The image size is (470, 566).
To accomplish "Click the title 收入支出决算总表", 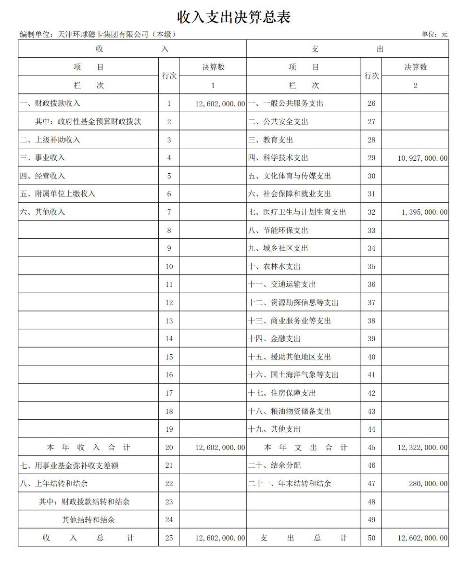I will pyautogui.click(x=234, y=17).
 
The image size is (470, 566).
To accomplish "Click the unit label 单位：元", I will pyautogui.click(x=434, y=34).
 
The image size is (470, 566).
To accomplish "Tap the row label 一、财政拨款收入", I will pyautogui.click(x=50, y=103).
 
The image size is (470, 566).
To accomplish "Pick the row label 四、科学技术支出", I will pyautogui.click(x=278, y=158).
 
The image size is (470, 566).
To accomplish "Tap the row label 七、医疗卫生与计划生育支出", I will pyautogui.click(x=297, y=212).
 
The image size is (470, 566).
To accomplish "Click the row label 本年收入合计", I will pyautogui.click(x=89, y=448).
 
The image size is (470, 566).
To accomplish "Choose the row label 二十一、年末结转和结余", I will pyautogui.click(x=290, y=484).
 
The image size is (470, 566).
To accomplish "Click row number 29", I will pyautogui.click(x=371, y=158).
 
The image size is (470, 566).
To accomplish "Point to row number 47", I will pyautogui.click(x=371, y=484).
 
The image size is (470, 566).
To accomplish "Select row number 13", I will pyautogui.click(x=169, y=321).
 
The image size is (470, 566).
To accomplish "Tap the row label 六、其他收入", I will pyautogui.click(x=42, y=212).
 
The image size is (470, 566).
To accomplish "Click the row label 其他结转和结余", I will pyautogui.click(x=89, y=520).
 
